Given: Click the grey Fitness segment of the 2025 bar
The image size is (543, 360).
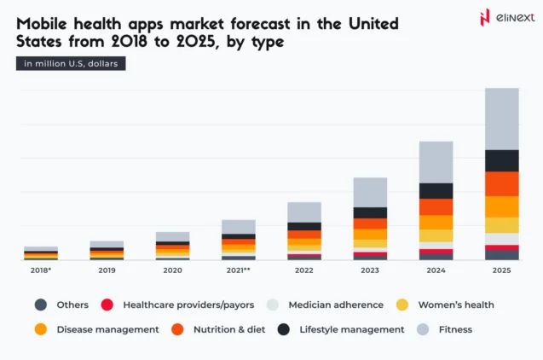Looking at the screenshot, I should coord(501,119).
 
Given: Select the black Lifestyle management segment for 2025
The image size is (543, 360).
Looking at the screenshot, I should coord(501,160).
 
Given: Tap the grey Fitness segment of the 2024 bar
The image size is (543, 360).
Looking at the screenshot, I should coord(436,162).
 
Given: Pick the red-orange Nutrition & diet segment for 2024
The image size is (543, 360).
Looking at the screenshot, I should coord(436,206).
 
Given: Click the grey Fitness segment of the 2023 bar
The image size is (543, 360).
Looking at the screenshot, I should coord(370,192).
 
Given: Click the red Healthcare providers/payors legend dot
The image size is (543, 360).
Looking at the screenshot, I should coord(107,305).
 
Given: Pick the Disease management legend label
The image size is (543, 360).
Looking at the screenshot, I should coord(107,329).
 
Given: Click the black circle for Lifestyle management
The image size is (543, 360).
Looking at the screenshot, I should coord(284,329).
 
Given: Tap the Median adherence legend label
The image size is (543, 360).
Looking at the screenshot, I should coord(327,305).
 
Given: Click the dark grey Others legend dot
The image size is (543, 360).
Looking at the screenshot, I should coord(41,305).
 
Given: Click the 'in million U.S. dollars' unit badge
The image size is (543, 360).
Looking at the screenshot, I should coord(71,64).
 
